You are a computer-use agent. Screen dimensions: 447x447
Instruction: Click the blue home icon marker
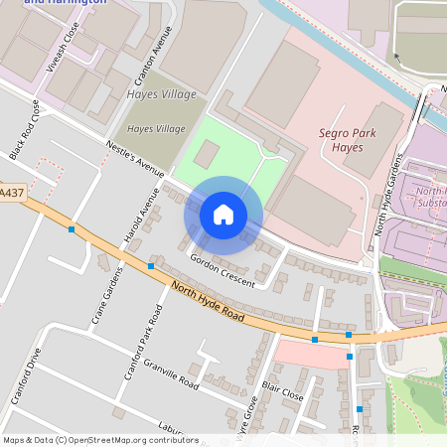223,215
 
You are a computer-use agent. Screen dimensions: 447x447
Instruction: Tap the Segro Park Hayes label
333,140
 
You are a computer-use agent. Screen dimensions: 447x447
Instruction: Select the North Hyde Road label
207,301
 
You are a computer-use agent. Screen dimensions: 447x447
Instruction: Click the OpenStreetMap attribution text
99,440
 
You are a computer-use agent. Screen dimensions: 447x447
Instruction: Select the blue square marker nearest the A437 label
72,229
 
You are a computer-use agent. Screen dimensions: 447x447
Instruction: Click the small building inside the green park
207,154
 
